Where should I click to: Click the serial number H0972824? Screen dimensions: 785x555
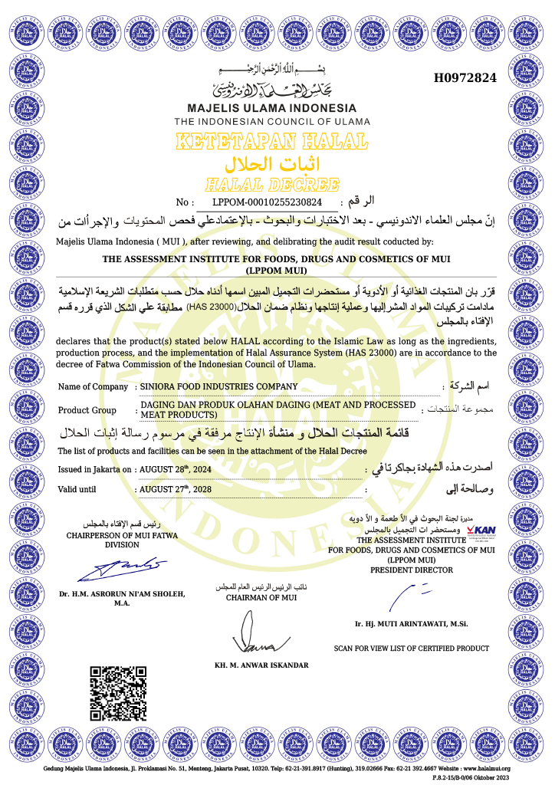pyautogui.click(x=465, y=77)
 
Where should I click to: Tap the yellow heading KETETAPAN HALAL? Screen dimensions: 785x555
pyautogui.click(x=271, y=142)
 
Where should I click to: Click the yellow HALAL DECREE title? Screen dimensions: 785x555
pyautogui.click(x=272, y=184)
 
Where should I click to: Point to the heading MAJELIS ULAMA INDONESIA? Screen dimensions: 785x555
pyautogui.click(x=272, y=107)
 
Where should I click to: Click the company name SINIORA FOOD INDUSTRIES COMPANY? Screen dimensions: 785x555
pyautogui.click(x=219, y=386)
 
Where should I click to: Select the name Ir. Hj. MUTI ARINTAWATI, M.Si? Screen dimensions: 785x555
pyautogui.click(x=411, y=624)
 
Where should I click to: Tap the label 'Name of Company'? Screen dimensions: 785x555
pyautogui.click(x=93, y=386)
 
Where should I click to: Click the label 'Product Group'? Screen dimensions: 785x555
pyautogui.click(x=87, y=410)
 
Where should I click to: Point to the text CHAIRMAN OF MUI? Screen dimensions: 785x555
pyautogui.click(x=261, y=597)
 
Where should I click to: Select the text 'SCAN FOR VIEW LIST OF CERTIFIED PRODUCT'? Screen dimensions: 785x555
pyautogui.click(x=411, y=649)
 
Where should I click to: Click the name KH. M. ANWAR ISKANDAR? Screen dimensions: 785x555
pyautogui.click(x=261, y=665)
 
